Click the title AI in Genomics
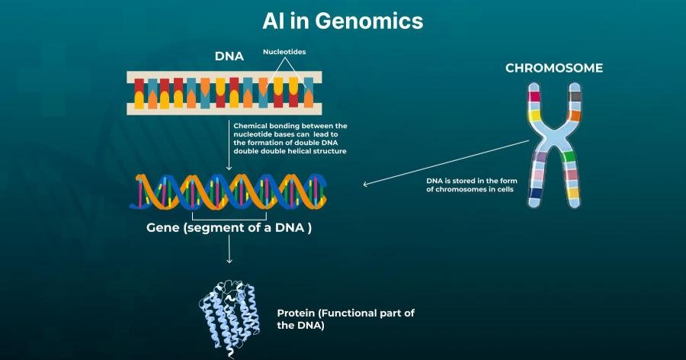(342, 21)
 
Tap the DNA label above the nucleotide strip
(229, 56)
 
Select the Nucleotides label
(284, 52)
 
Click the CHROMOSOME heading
(554, 68)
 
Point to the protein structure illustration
(229, 318)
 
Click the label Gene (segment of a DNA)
(229, 228)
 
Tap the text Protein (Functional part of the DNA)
(345, 319)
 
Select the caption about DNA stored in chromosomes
(472, 185)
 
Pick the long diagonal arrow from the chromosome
(446, 162)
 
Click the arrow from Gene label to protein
(229, 249)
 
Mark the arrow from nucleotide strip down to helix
(229, 145)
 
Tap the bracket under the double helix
(229, 217)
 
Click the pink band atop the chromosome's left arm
(534, 96)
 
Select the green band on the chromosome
(569, 156)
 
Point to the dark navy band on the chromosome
(534, 193)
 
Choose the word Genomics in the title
(369, 21)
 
